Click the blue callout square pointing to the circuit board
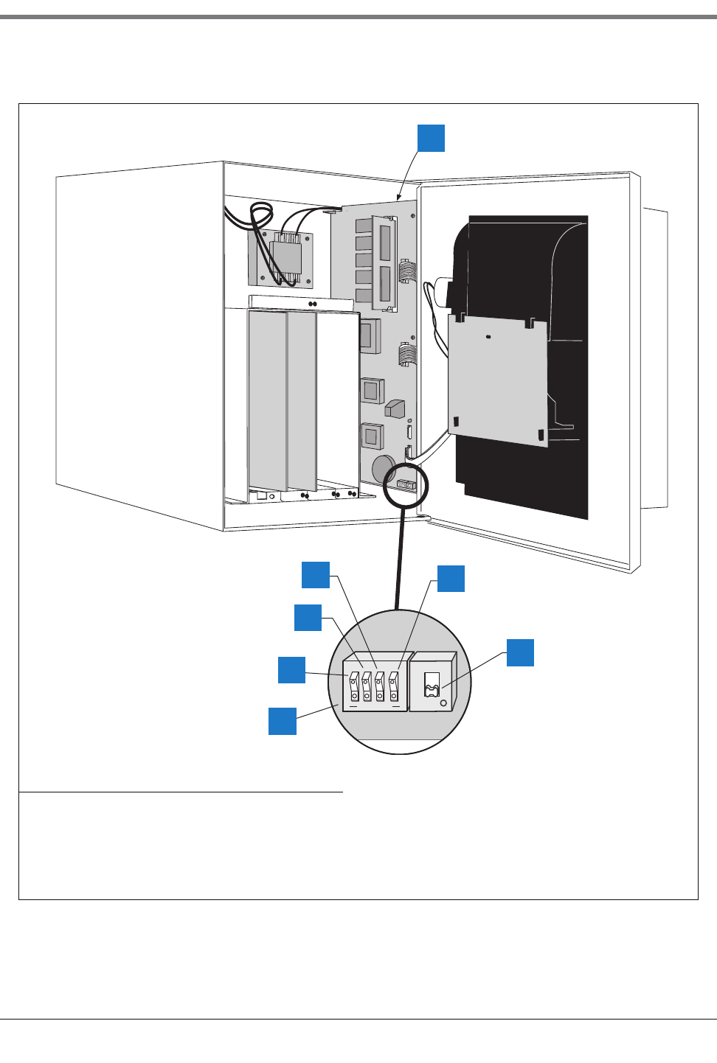(431, 138)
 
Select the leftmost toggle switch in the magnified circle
(355, 686)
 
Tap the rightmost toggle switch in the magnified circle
(394, 686)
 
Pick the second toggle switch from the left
(367, 686)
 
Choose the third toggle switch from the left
(380, 686)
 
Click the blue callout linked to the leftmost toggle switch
(291, 669)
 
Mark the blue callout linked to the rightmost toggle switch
(451, 579)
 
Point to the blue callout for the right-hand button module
(520, 652)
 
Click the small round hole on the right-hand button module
(443, 703)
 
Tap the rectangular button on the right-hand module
(432, 685)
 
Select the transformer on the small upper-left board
(285, 257)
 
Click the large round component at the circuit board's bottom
(384, 468)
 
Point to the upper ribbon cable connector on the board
(404, 271)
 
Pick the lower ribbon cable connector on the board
(405, 355)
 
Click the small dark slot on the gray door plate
(488, 337)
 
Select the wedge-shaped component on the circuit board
(395, 408)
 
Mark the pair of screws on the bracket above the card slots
(313, 303)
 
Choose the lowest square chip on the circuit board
(372, 436)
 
